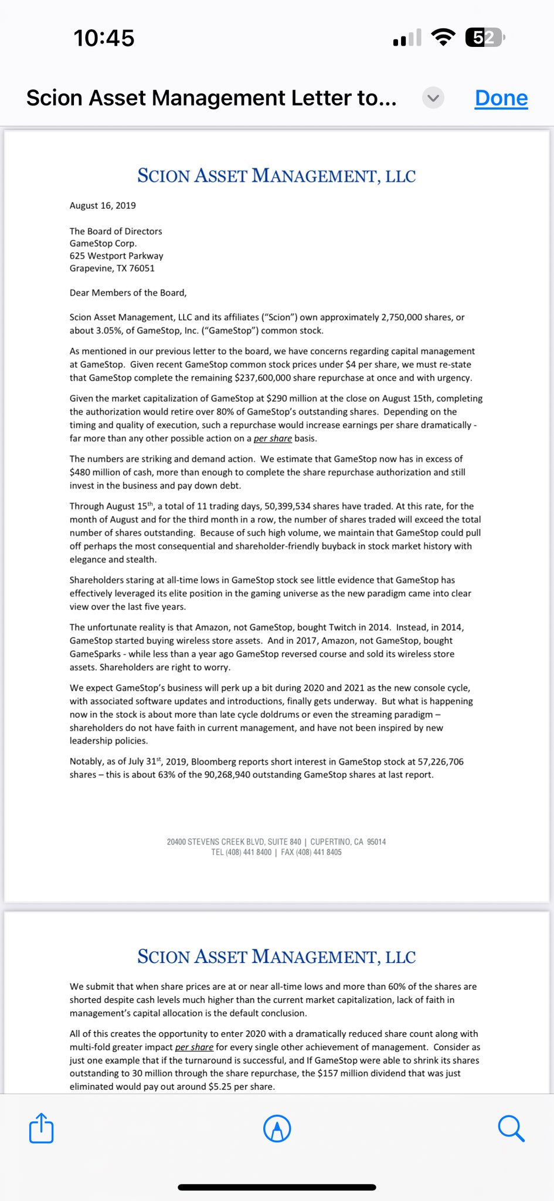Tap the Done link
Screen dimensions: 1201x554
501,98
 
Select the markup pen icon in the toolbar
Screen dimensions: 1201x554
277,1128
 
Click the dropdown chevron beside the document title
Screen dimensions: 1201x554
433,98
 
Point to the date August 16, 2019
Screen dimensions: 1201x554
103,206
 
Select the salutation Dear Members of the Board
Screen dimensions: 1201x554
128,293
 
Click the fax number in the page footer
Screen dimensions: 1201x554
318,853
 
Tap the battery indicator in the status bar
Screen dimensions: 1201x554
485,38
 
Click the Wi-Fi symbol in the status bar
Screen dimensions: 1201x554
443,38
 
